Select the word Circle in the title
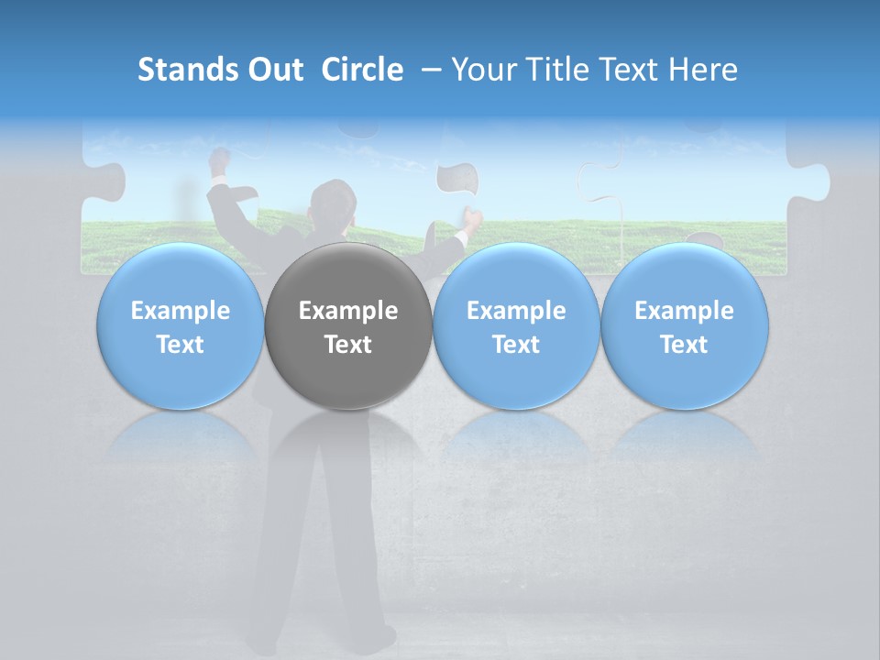coord(362,70)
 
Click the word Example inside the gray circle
coord(348,311)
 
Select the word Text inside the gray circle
coord(348,345)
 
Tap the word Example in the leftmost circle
coord(180,311)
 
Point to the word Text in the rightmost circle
coord(684,345)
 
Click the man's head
coord(331,203)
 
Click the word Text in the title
coord(626,70)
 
